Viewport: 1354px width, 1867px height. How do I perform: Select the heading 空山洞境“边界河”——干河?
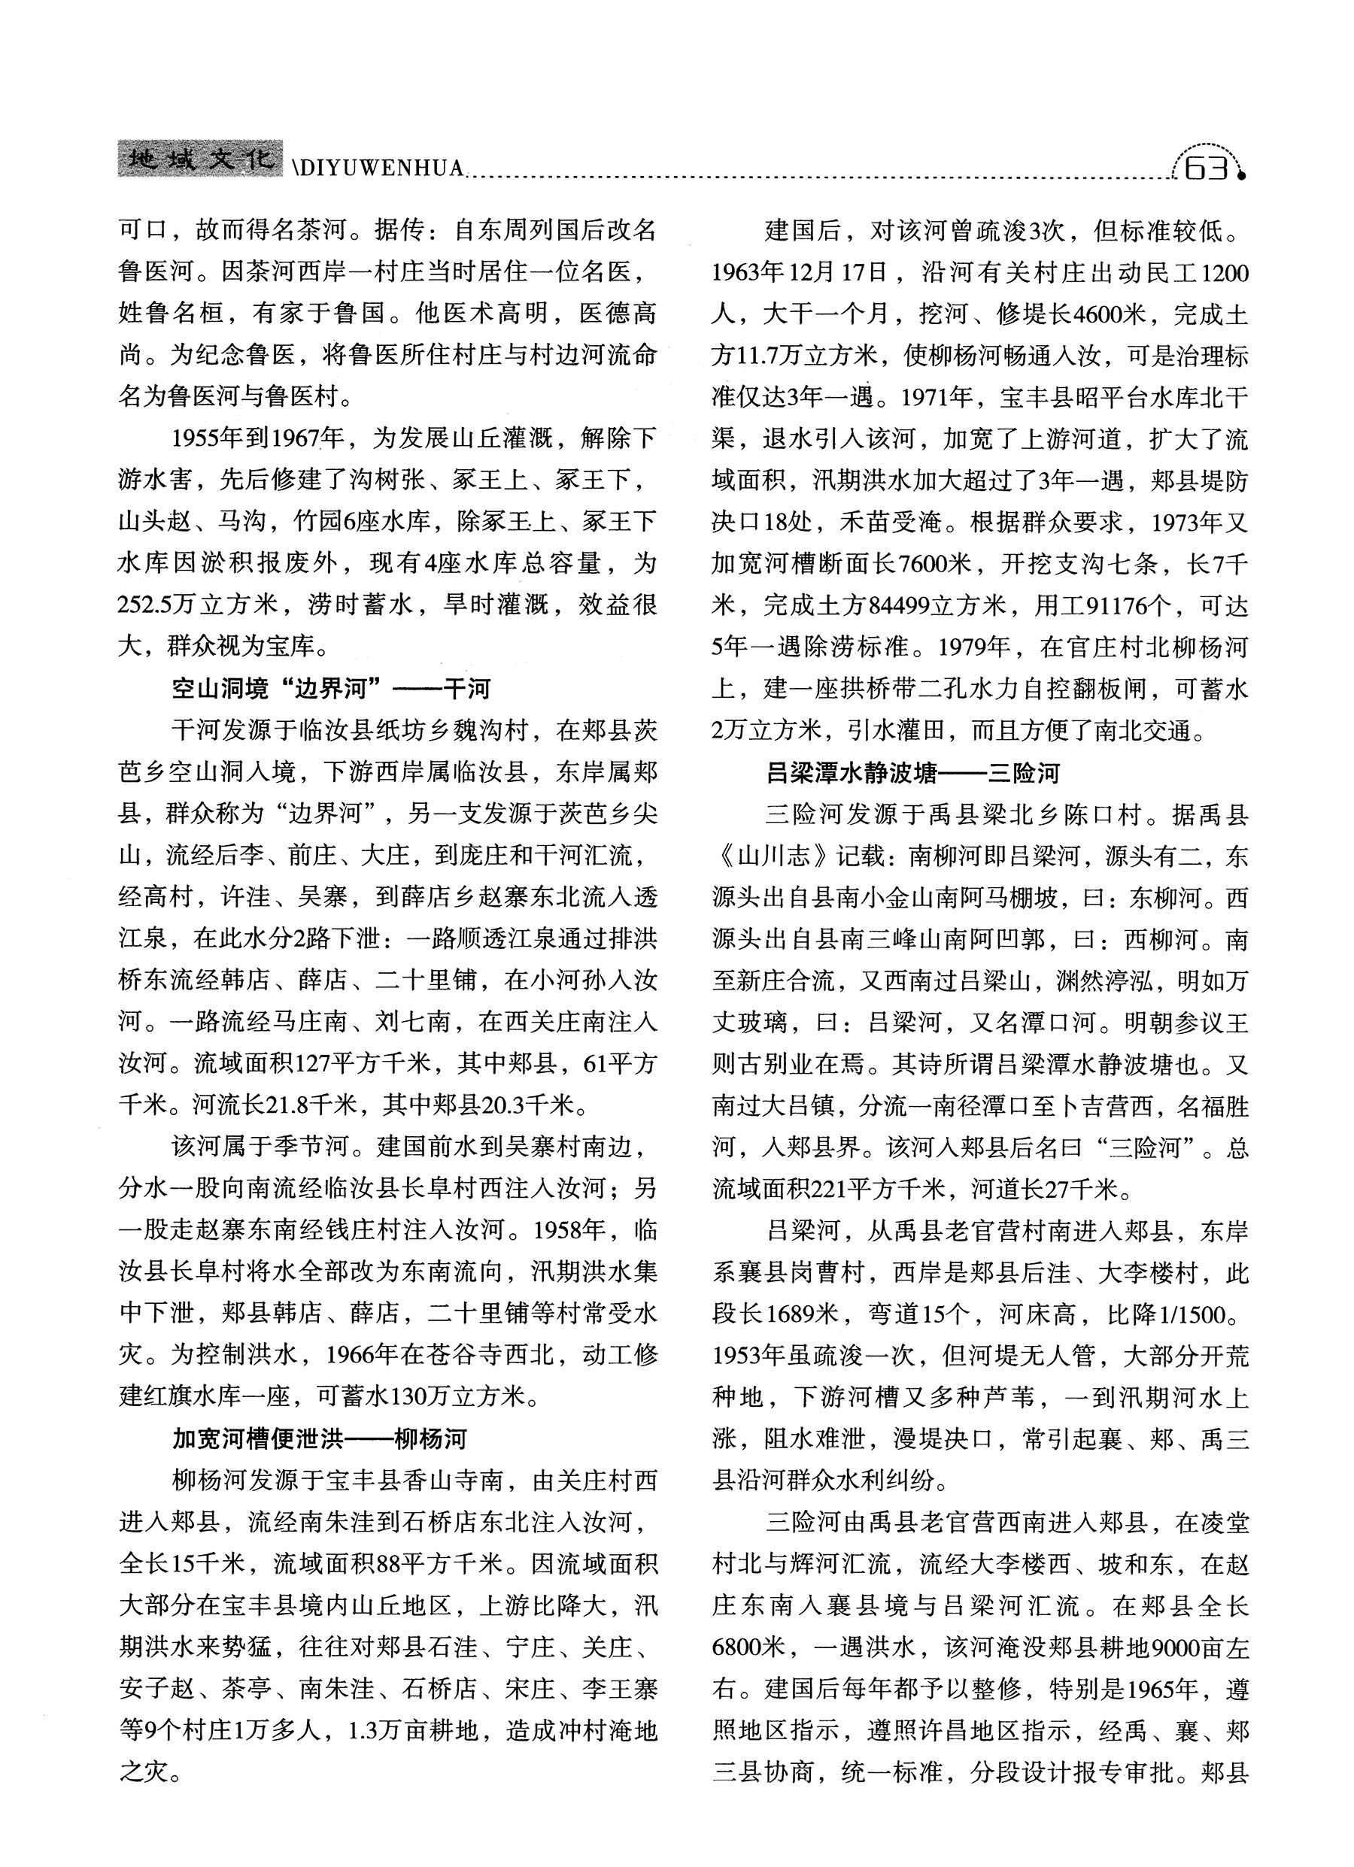pyautogui.click(x=331, y=688)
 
